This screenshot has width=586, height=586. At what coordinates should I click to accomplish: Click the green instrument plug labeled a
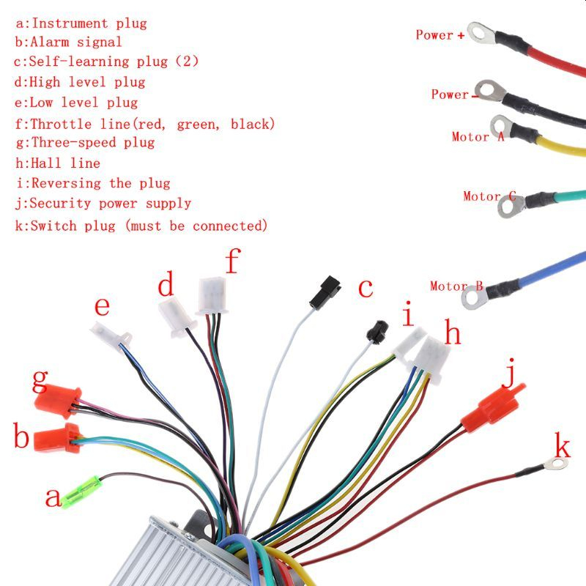[81, 489]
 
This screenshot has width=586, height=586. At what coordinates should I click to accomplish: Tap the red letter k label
[562, 445]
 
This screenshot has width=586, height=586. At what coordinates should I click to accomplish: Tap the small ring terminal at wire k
[556, 464]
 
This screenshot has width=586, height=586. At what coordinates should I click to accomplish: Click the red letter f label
[232, 260]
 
